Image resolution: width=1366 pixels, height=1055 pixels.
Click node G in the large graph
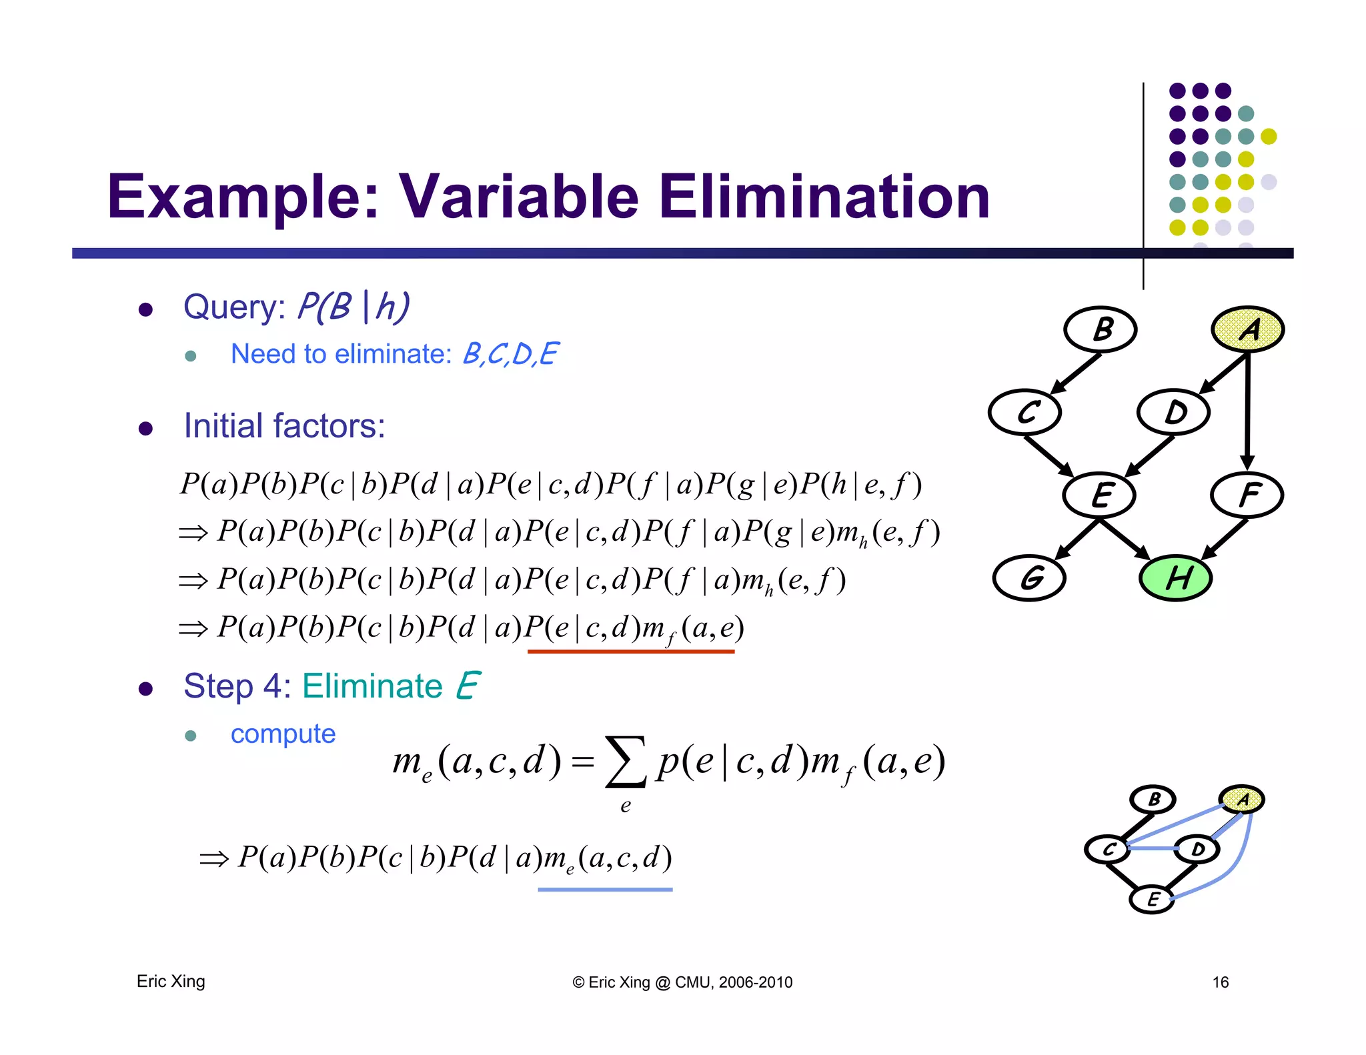[x=1029, y=578]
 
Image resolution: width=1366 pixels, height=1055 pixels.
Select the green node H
[x=1175, y=578]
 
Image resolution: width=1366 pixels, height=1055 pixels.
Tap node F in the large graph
[x=1247, y=495]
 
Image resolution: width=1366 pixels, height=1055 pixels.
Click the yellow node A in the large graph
[x=1247, y=329]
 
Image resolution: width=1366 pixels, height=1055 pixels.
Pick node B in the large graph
[x=1101, y=329]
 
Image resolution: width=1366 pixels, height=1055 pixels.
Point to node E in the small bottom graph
[x=1152, y=900]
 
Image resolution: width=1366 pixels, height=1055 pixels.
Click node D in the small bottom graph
[x=1197, y=850]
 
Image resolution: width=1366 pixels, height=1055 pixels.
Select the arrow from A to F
[x=1247, y=413]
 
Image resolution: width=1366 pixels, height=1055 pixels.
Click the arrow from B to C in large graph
[x=1075, y=373]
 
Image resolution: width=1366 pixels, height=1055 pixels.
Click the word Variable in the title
[x=518, y=197]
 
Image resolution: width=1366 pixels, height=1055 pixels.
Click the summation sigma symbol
[x=625, y=762]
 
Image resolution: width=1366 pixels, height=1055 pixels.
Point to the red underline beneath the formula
[x=630, y=652]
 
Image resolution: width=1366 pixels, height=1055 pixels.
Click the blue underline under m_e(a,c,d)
[x=605, y=890]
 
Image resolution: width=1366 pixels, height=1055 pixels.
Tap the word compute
[x=283, y=734]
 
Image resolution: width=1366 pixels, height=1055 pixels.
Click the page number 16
[x=1220, y=982]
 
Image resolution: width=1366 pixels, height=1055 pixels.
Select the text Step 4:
[x=237, y=686]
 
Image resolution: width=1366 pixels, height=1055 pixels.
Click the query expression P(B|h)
[x=353, y=307]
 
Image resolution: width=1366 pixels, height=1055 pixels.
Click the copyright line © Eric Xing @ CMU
[x=682, y=982]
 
